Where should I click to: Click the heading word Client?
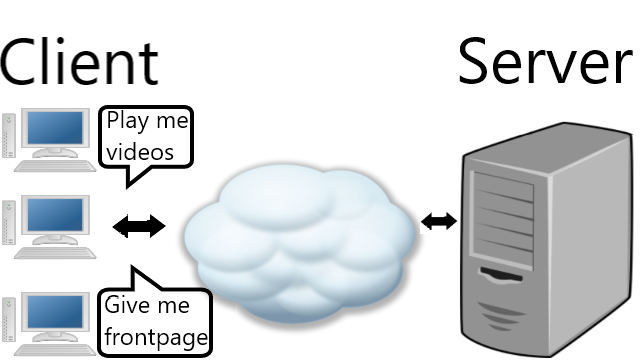79,61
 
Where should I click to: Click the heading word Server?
545,61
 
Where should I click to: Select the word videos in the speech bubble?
140,151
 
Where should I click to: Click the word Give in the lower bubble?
124,305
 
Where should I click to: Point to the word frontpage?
156,338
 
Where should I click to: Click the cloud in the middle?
300,243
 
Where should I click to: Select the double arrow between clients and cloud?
139,226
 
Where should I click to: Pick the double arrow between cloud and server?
439,222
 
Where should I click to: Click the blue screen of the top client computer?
55,127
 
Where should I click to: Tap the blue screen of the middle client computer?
55,215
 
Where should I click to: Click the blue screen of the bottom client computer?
55,312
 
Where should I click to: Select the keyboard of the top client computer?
55,166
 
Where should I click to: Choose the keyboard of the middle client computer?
55,253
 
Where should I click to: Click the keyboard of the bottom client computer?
55,350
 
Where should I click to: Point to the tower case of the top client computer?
9,136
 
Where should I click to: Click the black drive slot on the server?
501,275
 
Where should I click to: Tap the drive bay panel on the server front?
502,219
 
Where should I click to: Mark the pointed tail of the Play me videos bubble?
127,188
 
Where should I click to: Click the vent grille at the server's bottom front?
500,316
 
